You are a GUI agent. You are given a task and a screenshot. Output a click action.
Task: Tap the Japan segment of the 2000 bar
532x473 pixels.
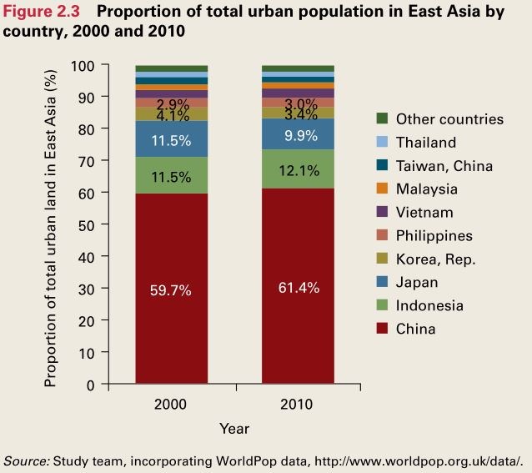(x=171, y=139)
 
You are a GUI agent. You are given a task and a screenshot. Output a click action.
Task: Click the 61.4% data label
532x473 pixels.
(x=298, y=288)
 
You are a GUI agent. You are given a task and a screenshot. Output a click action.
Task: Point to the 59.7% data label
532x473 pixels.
(x=171, y=290)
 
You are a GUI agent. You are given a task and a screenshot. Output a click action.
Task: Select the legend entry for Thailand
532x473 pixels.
(x=425, y=143)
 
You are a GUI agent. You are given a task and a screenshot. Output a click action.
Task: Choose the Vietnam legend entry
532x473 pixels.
(x=424, y=213)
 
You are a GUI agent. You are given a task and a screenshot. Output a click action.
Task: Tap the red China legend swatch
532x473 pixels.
(x=383, y=330)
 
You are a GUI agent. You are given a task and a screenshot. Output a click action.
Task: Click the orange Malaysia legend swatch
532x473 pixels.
(x=383, y=189)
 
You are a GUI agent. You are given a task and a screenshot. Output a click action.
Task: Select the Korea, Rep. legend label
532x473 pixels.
(x=435, y=259)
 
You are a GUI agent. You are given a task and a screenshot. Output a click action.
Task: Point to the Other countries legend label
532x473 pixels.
(x=449, y=119)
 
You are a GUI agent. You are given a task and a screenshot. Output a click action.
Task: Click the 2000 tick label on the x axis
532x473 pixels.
(x=171, y=405)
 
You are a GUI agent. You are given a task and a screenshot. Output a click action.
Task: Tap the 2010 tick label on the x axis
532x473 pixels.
(x=298, y=405)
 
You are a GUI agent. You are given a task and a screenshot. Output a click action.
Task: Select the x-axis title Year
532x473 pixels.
(x=234, y=428)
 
